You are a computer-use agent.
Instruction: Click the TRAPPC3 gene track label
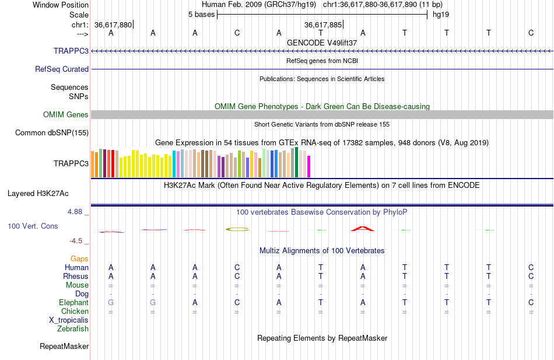tap(71, 51)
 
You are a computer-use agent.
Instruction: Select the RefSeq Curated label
tap(62, 69)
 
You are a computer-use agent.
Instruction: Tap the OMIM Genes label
tap(66, 114)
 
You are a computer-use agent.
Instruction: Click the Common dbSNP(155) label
tap(52, 132)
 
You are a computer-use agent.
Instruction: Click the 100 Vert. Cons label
tap(33, 226)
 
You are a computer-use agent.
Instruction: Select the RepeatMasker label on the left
tap(64, 346)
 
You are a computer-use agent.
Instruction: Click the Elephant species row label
tap(73, 302)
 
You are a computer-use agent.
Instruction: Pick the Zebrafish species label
tap(73, 328)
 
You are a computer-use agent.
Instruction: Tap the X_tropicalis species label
tap(69, 320)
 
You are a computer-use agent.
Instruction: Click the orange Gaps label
tap(79, 258)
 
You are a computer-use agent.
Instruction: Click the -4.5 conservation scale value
tap(79, 240)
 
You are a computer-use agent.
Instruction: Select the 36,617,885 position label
tap(323, 25)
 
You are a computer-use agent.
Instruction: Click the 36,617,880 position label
tap(113, 25)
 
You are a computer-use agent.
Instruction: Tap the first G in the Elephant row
tap(111, 302)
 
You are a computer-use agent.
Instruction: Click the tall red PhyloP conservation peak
tap(362, 228)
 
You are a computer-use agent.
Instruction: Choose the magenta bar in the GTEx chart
tap(308, 166)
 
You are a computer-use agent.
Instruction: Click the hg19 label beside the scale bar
tap(440, 14)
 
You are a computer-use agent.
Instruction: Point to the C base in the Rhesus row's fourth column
tap(237, 276)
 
